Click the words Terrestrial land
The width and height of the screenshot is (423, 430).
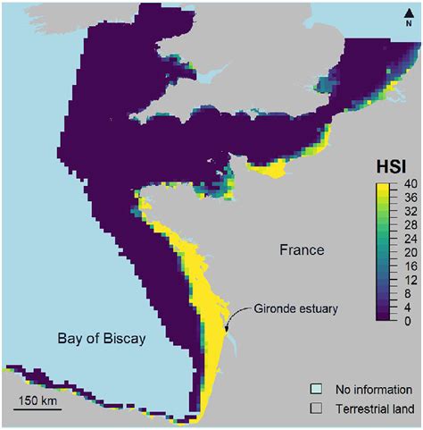(x=374, y=409)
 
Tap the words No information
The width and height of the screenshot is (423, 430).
(x=373, y=390)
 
